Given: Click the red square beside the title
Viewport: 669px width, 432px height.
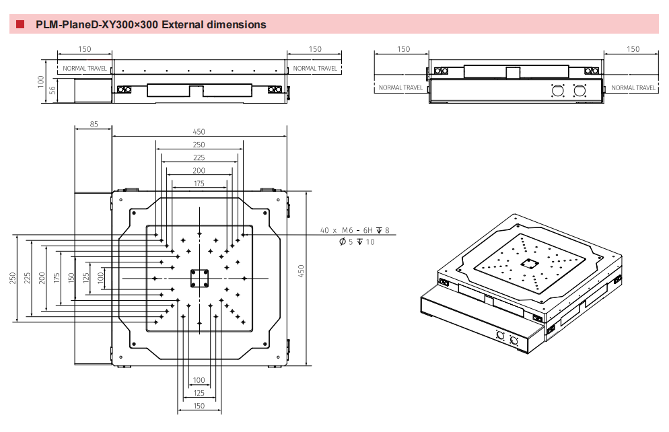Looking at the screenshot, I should (x=20, y=25).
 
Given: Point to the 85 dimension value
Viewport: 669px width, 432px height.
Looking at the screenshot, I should (x=93, y=124).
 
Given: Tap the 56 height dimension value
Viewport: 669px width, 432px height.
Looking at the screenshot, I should (x=52, y=91).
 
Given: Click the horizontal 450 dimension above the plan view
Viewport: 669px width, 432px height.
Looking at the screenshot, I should (x=199, y=132).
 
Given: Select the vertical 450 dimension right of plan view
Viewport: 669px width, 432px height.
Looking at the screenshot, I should (x=302, y=271).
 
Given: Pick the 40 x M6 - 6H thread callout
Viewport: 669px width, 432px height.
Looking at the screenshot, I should (x=354, y=230).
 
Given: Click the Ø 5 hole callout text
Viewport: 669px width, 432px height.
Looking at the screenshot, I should (x=357, y=242).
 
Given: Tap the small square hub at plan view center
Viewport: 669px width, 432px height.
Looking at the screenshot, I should (x=199, y=277).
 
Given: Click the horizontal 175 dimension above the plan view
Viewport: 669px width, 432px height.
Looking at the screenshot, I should (x=199, y=184).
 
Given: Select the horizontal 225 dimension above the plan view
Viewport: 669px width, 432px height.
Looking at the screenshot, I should (x=199, y=157).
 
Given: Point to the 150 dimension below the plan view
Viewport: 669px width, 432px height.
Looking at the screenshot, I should (x=199, y=406).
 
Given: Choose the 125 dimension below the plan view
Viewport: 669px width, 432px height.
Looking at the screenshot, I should (x=199, y=393).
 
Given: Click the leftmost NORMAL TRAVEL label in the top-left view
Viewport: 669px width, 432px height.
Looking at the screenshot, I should (x=84, y=69).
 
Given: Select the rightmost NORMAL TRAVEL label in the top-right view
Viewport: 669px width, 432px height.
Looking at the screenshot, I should (x=633, y=87).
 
